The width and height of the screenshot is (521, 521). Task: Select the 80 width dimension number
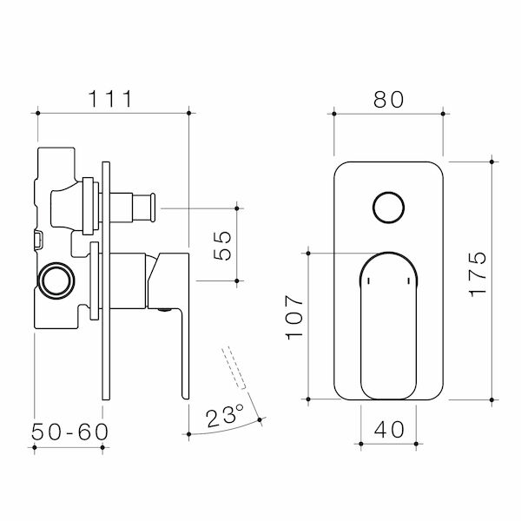pos(389,99)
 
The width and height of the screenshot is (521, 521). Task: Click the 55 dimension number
pos(222,245)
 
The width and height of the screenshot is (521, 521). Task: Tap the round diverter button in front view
pos(388,209)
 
